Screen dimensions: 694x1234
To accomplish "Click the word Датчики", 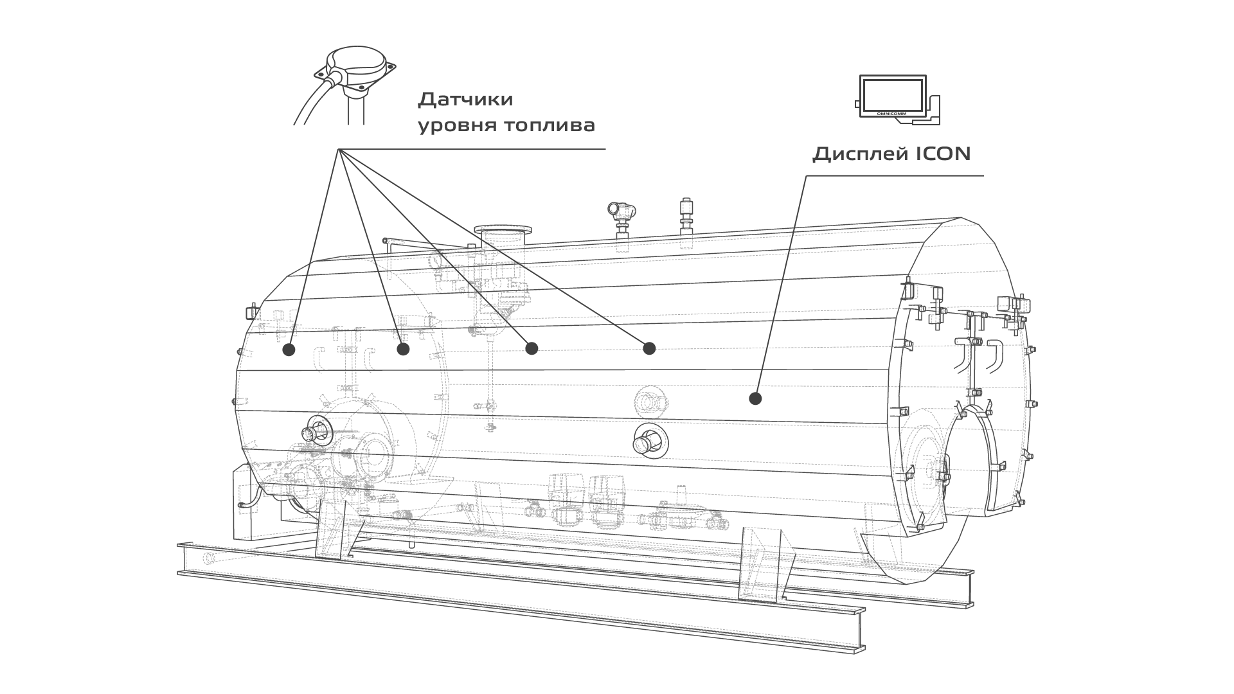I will [465, 100].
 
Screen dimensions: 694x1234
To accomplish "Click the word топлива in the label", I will [547, 126].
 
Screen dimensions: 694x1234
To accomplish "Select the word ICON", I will [943, 154].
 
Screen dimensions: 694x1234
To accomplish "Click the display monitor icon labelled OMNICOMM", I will [893, 96].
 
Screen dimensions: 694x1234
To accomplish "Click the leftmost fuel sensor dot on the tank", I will [289, 350].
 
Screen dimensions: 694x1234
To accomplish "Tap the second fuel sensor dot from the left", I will [403, 349].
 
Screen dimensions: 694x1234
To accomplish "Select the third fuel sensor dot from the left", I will [531, 348].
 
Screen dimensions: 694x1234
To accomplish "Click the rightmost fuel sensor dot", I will [649, 348].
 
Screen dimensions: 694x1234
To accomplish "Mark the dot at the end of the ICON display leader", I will [755, 398].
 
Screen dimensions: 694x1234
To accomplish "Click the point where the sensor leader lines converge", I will [339, 150].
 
